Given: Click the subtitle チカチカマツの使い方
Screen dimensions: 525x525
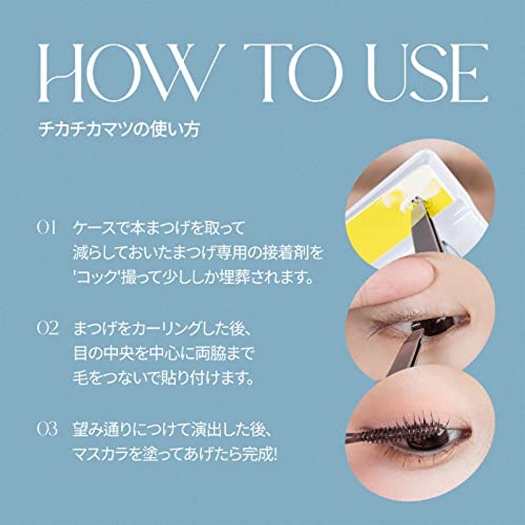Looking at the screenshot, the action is pos(119,129).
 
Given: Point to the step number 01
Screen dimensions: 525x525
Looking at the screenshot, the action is pos(47,228).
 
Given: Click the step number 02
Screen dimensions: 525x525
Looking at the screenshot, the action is pos(47,328).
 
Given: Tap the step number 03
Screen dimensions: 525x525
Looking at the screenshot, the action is pos(47,429).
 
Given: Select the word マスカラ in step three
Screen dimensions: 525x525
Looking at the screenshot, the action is pos(100,455).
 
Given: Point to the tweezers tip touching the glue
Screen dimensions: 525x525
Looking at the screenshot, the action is pos(416,201).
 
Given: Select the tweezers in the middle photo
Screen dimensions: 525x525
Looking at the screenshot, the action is pos(404,352).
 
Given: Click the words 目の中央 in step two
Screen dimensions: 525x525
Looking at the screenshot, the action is pos(110,353).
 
